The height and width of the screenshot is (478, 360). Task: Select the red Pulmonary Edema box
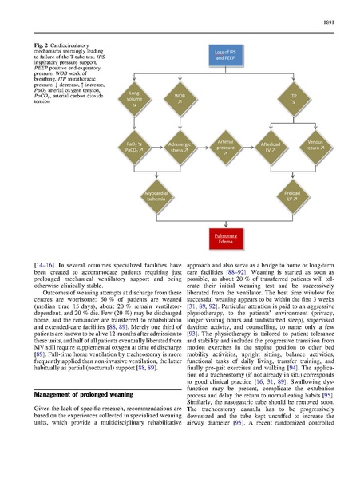224,238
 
